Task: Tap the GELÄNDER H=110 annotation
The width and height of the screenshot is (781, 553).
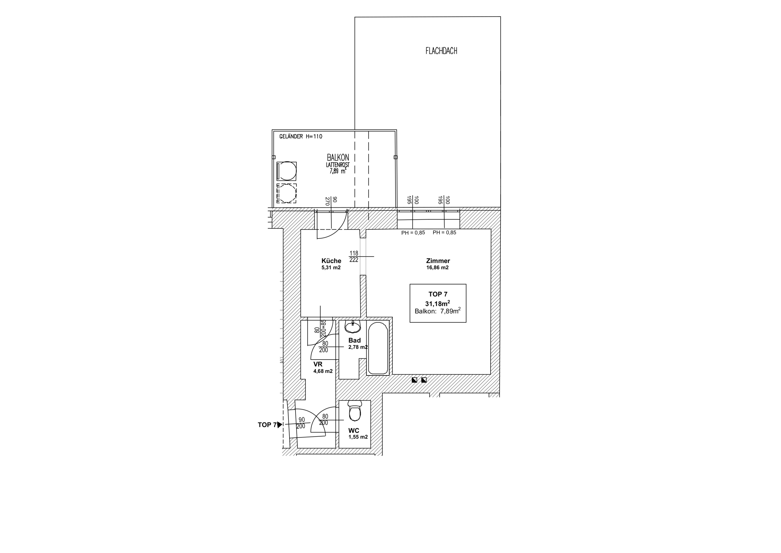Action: [301, 137]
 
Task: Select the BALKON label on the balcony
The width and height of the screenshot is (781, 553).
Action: [338, 157]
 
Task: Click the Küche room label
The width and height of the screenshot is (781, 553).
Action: [331, 261]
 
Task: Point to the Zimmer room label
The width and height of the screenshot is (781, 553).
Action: [438, 261]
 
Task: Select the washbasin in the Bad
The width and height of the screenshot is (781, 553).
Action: [353, 327]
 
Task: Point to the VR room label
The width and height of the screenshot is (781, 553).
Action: [318, 364]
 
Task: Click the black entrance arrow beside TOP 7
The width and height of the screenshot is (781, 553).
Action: [280, 425]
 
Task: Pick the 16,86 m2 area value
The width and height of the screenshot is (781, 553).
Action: [437, 268]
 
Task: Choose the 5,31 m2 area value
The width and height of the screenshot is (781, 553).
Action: [331, 268]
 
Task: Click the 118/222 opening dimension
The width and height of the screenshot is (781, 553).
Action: [354, 257]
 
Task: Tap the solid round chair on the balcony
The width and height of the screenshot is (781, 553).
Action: [287, 171]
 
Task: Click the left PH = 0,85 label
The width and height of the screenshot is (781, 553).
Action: [413, 233]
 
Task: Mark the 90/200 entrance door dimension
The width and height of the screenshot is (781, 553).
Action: [301, 423]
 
